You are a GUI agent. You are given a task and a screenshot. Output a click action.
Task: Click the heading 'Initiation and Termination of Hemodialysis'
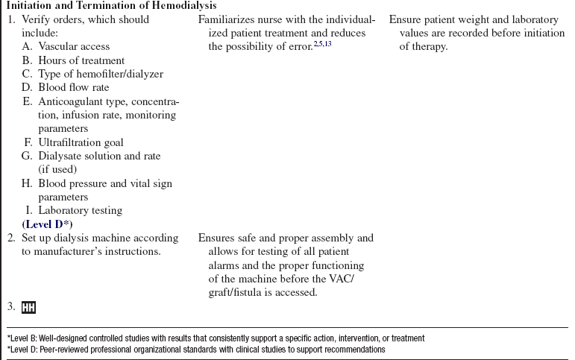tap(112, 6)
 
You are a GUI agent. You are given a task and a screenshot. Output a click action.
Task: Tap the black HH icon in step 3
tap(29, 307)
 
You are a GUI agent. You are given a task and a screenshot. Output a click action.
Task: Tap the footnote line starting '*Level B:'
tap(216, 338)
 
